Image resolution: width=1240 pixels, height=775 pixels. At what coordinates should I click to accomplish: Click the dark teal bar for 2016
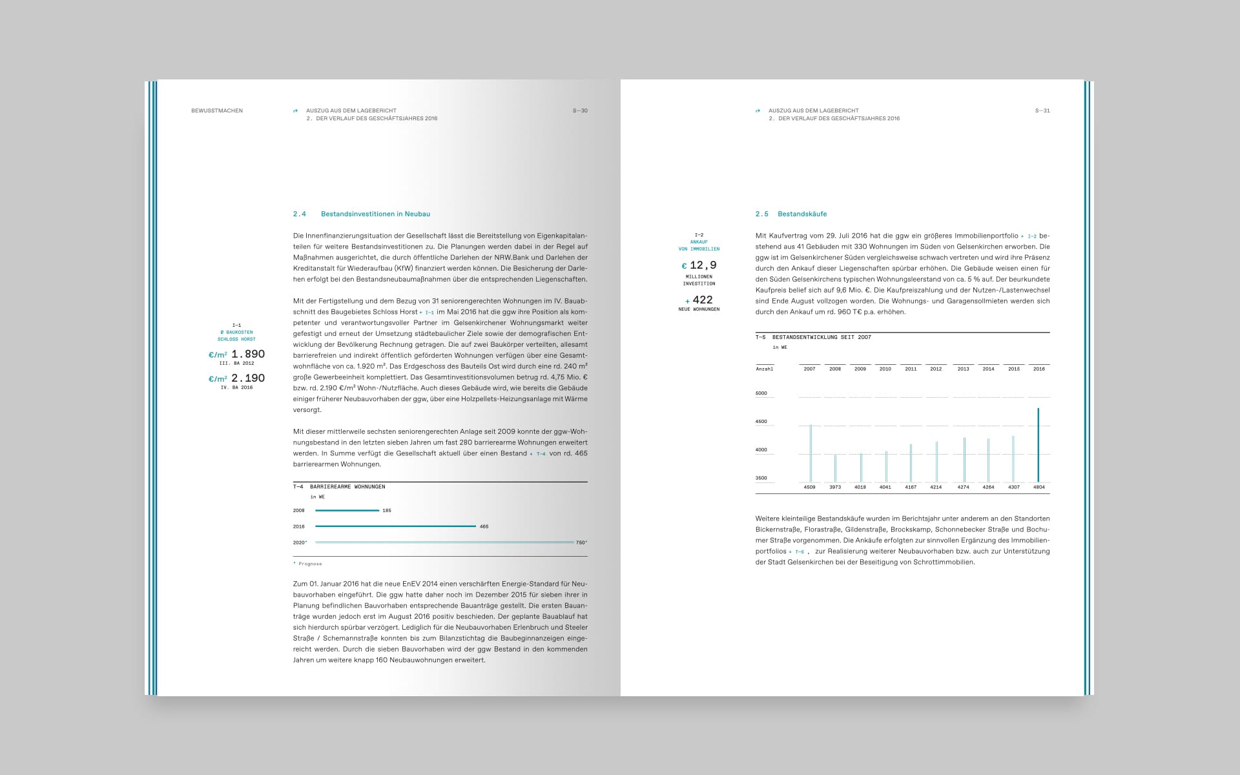(1038, 445)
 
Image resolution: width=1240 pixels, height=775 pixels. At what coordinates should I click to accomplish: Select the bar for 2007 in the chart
(811, 453)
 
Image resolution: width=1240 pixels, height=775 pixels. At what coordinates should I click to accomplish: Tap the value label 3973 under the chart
(835, 488)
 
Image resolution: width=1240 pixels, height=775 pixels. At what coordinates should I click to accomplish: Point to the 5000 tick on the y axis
(761, 393)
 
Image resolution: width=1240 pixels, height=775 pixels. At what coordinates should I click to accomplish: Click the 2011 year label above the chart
(911, 369)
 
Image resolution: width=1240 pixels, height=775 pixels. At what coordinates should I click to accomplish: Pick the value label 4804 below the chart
(1038, 488)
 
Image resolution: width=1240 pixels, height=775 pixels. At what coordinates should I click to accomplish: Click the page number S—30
(580, 110)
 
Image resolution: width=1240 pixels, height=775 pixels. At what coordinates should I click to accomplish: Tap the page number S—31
(1042, 110)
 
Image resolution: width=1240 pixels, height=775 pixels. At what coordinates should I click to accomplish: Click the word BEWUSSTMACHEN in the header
(217, 110)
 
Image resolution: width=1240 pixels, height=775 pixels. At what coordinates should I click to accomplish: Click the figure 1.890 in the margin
(248, 354)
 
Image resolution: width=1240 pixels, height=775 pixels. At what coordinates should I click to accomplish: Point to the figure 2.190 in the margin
(248, 378)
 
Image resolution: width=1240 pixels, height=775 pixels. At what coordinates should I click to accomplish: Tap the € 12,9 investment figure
(699, 265)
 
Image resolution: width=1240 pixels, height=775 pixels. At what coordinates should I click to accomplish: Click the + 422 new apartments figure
(699, 300)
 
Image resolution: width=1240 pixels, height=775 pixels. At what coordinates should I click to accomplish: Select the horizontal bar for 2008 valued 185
(347, 510)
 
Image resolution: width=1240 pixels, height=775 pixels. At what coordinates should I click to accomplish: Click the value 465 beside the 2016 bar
(484, 526)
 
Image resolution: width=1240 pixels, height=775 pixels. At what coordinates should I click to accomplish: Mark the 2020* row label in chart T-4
(300, 542)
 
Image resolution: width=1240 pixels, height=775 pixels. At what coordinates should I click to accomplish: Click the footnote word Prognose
(310, 564)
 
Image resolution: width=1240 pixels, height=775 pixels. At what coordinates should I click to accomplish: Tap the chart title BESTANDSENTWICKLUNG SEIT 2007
(821, 337)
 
